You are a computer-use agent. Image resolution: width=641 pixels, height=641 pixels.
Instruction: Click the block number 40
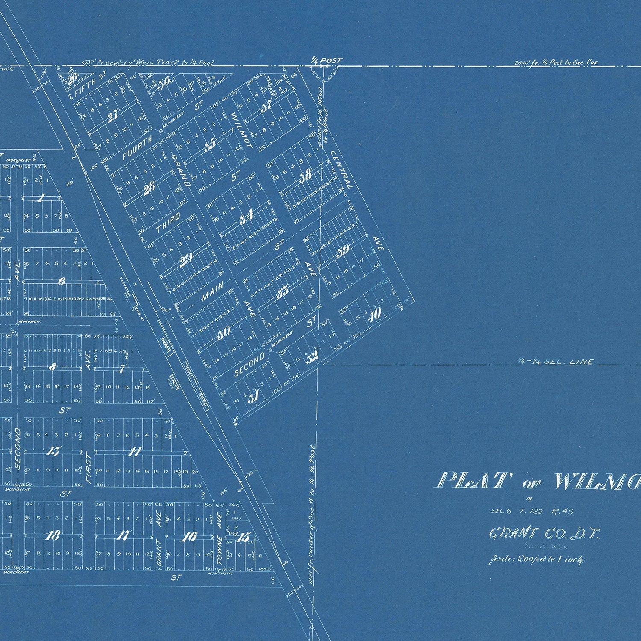(x=374, y=315)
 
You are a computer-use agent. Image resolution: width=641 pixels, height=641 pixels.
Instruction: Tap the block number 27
(x=113, y=116)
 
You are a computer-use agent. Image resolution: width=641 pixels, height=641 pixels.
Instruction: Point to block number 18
(x=53, y=535)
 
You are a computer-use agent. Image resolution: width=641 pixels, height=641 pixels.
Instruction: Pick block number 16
(x=188, y=537)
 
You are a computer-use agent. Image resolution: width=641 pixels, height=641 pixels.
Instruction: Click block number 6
(x=62, y=282)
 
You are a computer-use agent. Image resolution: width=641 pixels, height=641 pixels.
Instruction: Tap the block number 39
(x=343, y=251)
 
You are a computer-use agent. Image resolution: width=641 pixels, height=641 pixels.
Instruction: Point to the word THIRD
(x=168, y=222)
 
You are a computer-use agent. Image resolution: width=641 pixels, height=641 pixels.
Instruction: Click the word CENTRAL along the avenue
(x=341, y=170)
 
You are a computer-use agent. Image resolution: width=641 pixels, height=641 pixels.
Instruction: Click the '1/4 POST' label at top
(x=327, y=61)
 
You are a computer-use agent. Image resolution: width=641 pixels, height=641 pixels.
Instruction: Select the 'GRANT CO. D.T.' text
(x=545, y=534)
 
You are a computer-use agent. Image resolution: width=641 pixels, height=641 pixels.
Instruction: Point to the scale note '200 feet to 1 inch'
(x=537, y=559)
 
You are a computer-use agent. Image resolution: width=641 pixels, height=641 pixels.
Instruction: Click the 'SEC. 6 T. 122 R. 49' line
(x=532, y=511)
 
